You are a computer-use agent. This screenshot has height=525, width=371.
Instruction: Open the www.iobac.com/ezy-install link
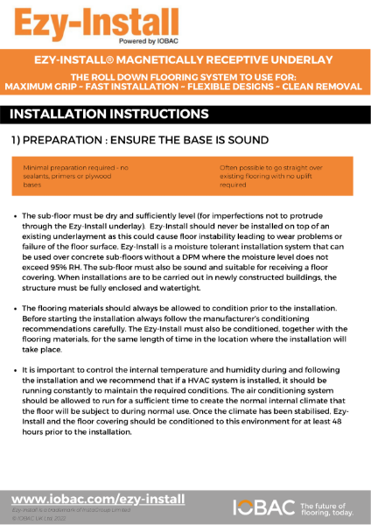coord(98,499)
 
